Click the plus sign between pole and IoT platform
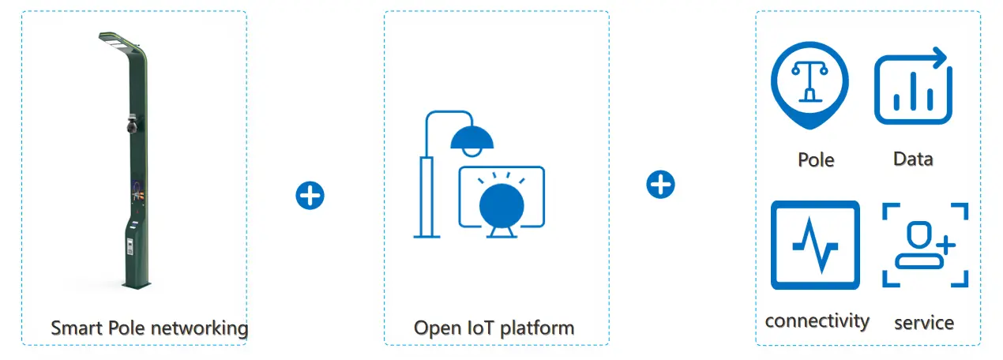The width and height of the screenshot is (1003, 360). click(x=310, y=195)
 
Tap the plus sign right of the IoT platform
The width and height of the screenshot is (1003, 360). click(x=660, y=185)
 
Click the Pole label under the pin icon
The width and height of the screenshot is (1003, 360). click(x=816, y=159)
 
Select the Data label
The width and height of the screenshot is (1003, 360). click(x=913, y=159)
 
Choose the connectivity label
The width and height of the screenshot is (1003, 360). click(x=817, y=321)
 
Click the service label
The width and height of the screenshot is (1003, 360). click(x=924, y=322)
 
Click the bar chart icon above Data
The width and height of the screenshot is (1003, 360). click(x=913, y=86)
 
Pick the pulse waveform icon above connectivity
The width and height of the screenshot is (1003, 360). click(x=815, y=245)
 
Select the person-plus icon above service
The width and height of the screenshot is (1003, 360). click(x=925, y=245)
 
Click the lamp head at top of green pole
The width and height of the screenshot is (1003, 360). click(x=116, y=43)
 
